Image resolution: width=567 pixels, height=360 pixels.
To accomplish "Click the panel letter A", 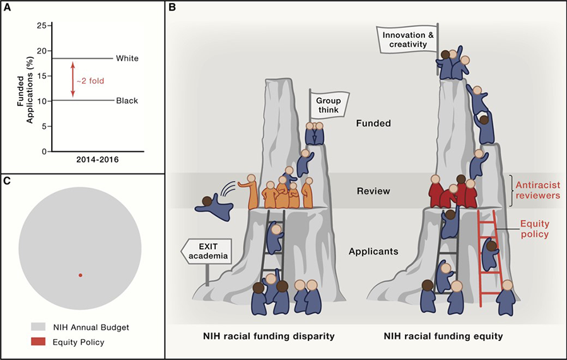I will tap(8, 9).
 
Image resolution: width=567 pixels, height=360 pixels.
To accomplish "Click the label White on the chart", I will tap(127, 59).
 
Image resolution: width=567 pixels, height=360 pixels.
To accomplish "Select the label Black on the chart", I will tap(126, 100).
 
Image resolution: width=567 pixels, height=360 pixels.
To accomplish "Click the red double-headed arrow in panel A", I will tap(73, 79).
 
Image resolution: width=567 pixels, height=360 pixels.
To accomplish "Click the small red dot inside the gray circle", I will tap(80, 275).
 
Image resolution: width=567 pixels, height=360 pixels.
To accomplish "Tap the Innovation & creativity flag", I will tap(407, 39).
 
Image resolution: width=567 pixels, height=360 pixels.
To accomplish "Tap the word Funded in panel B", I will tap(373, 124).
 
